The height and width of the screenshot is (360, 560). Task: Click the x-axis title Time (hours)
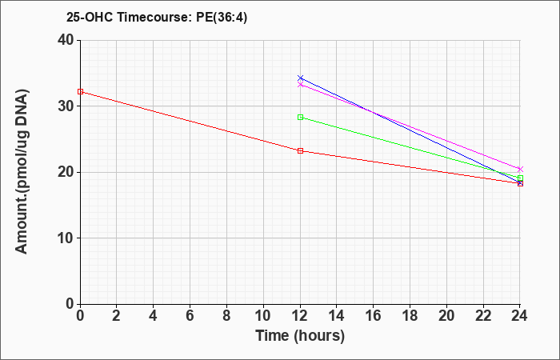click(x=300, y=335)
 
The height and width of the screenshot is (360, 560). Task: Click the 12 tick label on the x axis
click(x=300, y=315)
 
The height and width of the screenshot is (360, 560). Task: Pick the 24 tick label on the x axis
click(x=520, y=315)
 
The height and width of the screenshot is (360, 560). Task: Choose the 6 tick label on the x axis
click(x=190, y=315)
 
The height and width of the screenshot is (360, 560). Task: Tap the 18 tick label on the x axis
click(x=410, y=315)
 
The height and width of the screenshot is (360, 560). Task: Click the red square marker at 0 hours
click(x=80, y=92)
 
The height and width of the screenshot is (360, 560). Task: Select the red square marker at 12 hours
click(x=300, y=150)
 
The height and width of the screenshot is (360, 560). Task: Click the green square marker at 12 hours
click(x=300, y=117)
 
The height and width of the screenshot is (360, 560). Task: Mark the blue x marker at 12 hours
click(x=300, y=78)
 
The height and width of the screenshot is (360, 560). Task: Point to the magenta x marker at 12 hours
click(x=300, y=85)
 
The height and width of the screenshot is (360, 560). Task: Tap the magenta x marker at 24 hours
click(x=520, y=170)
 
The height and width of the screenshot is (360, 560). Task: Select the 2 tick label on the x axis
click(x=117, y=315)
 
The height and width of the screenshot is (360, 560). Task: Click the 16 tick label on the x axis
click(x=374, y=315)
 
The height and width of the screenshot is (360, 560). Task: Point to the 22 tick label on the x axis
click(x=483, y=315)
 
